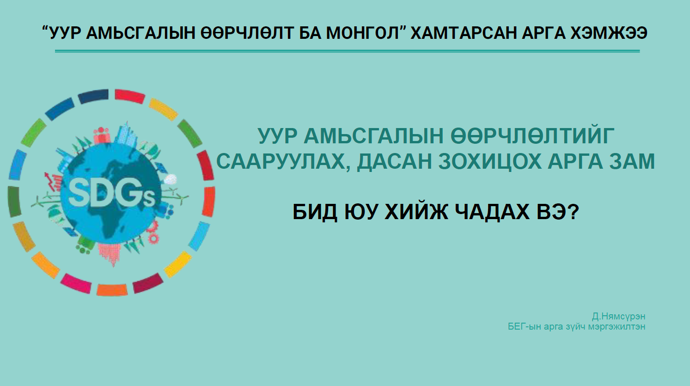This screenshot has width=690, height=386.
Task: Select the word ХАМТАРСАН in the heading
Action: [464, 33]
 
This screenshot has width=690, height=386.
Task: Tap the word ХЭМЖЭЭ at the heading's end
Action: [608, 33]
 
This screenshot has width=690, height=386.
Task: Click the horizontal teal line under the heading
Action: [348, 51]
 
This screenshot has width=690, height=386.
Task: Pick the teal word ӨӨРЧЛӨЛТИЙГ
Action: [532, 135]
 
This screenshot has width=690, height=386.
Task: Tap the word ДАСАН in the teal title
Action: [395, 161]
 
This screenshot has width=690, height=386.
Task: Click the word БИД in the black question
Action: [315, 212]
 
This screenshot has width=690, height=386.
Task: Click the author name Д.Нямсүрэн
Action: [618, 316]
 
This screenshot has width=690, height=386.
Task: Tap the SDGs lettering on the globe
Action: [111, 194]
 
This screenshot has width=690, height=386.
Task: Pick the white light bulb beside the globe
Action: [171, 179]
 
